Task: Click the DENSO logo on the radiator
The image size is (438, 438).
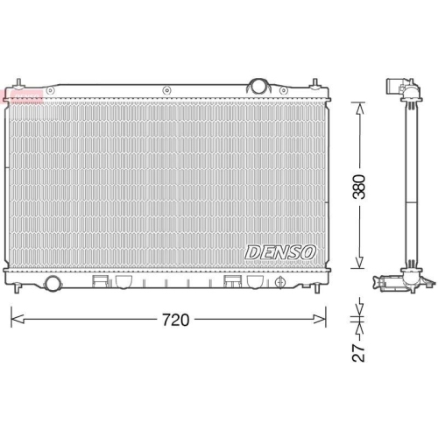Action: [x=280, y=252]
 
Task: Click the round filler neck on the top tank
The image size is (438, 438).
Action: [x=258, y=86]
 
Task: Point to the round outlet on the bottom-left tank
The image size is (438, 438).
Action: [x=53, y=283]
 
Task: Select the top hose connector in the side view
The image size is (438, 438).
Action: [x=397, y=88]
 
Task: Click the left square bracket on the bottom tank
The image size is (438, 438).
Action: [x=100, y=282]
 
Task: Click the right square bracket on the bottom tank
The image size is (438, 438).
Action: [x=234, y=282]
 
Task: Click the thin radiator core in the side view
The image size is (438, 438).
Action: [x=407, y=184]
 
